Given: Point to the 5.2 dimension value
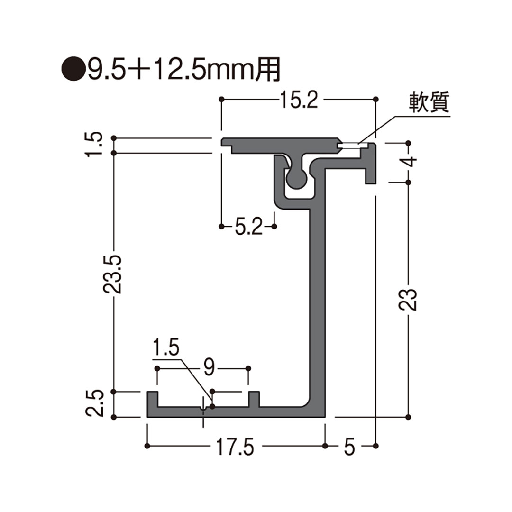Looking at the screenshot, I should [x=248, y=228].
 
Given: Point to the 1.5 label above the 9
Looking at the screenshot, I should [x=166, y=349].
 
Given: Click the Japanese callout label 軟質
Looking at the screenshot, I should [x=428, y=103].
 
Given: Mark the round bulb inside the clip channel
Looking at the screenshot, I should [x=297, y=178].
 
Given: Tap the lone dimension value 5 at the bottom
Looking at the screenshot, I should [x=349, y=447].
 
